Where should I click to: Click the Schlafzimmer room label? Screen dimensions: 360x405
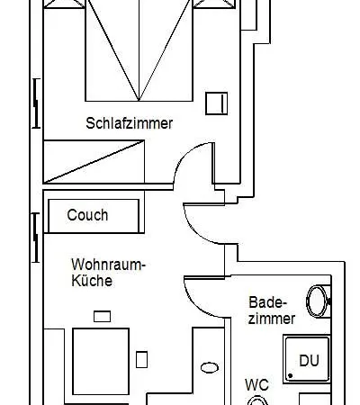pos(130,123)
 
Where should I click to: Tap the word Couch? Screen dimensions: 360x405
pos(87,215)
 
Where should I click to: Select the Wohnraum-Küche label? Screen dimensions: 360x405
pos(108,273)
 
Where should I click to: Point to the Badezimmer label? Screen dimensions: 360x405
pos(272,310)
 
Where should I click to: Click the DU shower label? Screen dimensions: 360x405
pos(309,360)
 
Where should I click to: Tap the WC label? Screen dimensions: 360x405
pos(256,385)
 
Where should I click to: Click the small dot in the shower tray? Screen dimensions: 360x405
pos(290,375)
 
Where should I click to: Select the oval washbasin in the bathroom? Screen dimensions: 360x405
pos(318,301)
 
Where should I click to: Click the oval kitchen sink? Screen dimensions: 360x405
pos(210,367)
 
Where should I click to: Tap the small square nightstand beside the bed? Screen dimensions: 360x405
pos(216,103)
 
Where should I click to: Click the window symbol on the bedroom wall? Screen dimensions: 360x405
pos(36,103)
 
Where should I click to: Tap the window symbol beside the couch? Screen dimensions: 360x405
pos(36,238)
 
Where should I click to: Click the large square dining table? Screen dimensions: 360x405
pos(101,362)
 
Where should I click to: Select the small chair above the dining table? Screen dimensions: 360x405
pos(102,317)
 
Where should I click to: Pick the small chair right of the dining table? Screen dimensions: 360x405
pos(141,359)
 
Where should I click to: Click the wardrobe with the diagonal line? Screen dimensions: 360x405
pos(94,161)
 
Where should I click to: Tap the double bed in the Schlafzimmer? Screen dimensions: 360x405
pos(139,50)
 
